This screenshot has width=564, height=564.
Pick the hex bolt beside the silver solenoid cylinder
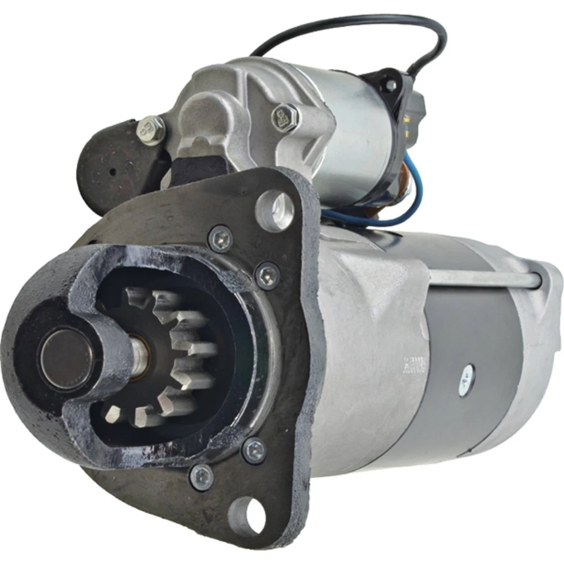(x=286, y=116)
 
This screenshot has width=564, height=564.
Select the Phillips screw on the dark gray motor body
(x=467, y=374)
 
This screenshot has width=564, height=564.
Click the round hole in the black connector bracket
(x=389, y=85)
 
